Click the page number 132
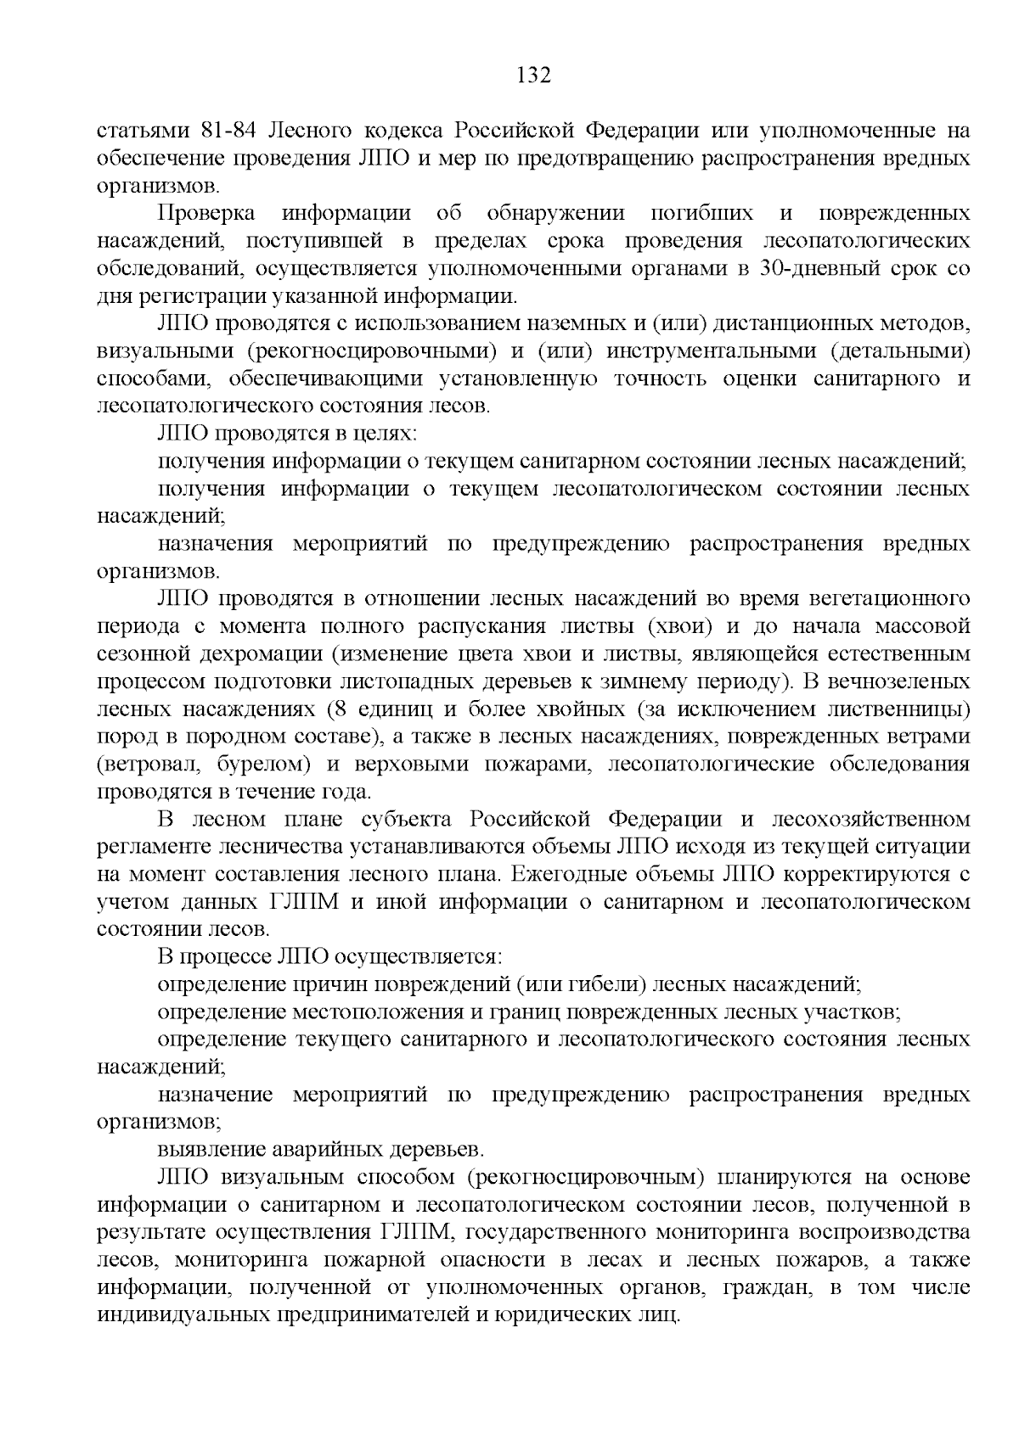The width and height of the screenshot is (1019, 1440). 534,76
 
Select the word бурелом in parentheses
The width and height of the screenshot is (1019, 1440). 263,765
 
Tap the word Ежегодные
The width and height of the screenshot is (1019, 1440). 585,874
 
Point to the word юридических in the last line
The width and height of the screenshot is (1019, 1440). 557,1314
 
